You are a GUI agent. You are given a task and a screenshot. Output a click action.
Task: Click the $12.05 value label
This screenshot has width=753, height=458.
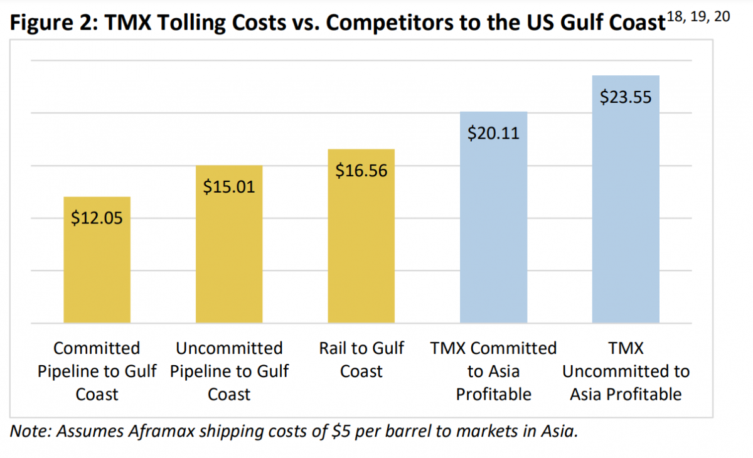point(97,218)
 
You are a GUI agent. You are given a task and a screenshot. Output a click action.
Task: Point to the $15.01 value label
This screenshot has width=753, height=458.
point(229,186)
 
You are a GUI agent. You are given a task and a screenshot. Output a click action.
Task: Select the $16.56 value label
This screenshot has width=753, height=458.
point(361,170)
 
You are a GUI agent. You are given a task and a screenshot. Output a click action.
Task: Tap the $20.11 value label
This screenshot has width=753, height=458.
point(493,133)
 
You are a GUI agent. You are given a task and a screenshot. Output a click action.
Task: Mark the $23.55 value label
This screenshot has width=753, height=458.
point(626,97)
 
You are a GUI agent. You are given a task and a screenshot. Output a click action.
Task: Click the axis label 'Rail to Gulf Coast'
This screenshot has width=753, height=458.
point(361,359)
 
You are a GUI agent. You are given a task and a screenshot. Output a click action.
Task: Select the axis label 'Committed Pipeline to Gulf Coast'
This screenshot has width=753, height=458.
point(97,371)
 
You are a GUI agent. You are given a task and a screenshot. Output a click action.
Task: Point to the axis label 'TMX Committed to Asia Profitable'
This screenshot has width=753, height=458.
point(493,371)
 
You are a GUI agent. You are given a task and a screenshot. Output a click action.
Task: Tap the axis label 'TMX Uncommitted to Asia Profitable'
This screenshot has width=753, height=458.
point(626,371)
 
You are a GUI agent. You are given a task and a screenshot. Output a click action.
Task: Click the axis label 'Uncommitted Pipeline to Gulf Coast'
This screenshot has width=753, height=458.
point(229,371)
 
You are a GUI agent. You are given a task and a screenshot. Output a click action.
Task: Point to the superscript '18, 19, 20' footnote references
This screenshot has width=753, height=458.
point(698,17)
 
